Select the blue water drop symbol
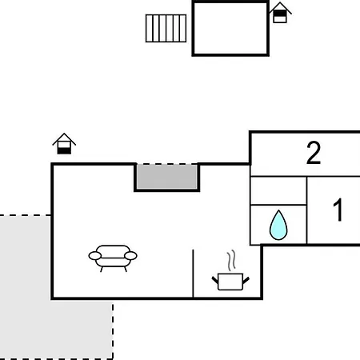point(278,226)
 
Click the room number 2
point(314,153)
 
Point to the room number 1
point(338,210)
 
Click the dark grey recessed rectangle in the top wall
point(167,177)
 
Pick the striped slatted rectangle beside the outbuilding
point(166,28)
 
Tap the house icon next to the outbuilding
point(280,13)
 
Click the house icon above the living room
point(64,143)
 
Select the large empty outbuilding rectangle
point(230,28)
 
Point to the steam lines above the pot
point(231,260)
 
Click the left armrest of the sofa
point(95,256)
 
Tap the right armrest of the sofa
point(130,256)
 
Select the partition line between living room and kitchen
point(193,274)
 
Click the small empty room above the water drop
point(278,190)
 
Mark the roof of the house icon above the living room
point(64,138)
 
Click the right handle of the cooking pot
point(246,281)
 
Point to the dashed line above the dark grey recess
point(167,164)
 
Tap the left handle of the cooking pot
point(215,280)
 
